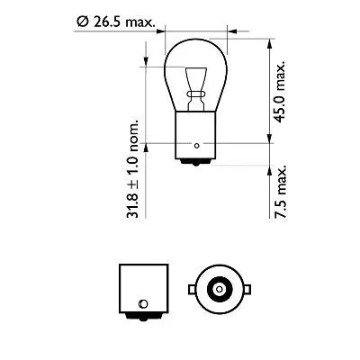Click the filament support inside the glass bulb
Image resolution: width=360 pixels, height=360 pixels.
195,85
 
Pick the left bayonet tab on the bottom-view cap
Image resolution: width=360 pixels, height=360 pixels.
191,289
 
